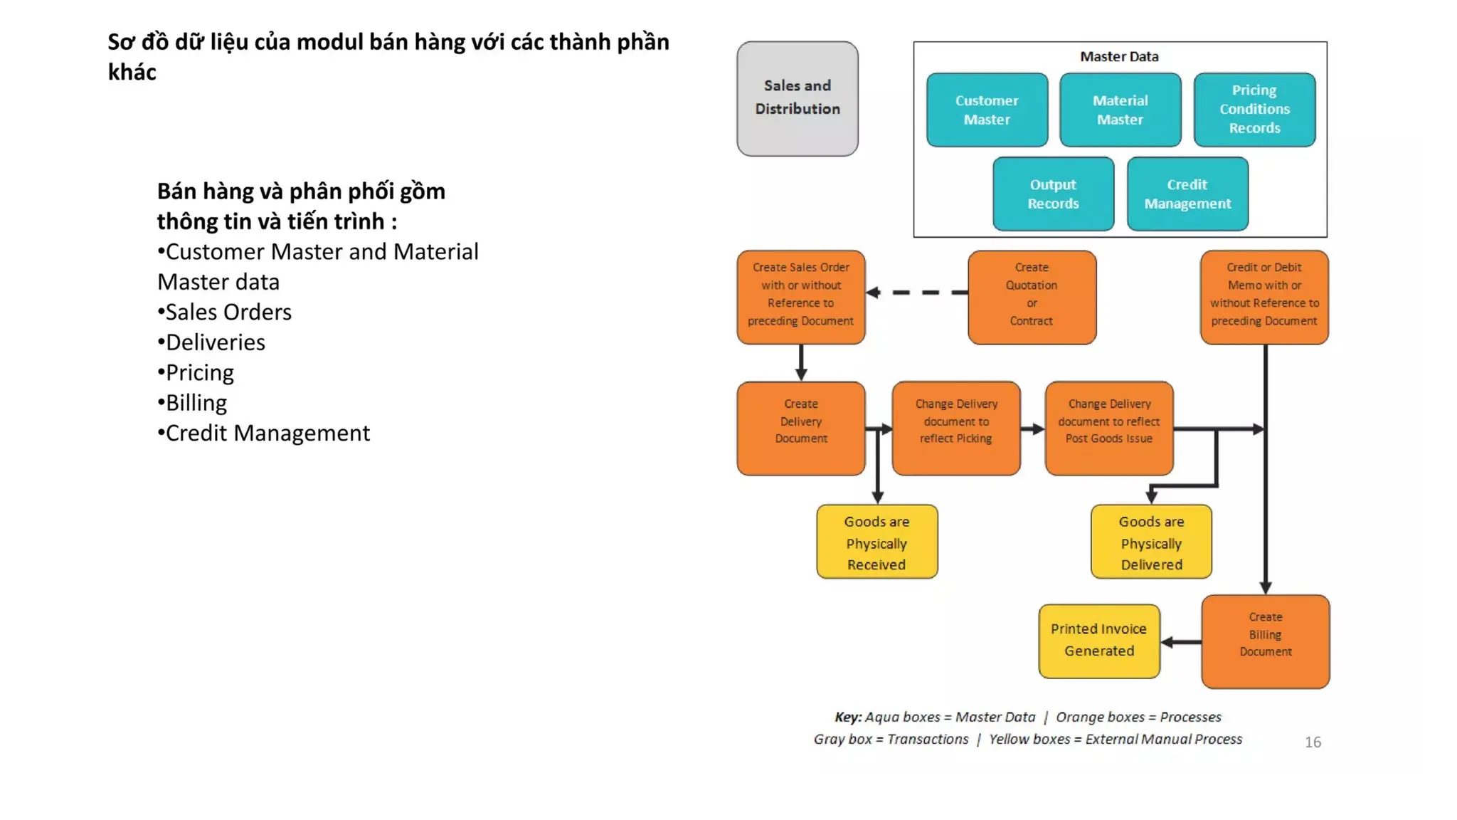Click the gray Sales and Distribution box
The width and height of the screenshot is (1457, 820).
point(797,98)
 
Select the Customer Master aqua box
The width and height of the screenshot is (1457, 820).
point(986,110)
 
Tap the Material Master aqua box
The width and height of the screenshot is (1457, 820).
point(1120,110)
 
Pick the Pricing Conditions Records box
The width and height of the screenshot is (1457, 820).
point(1254,110)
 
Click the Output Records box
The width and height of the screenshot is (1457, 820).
point(1053,194)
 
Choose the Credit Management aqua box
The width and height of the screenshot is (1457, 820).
point(1187,194)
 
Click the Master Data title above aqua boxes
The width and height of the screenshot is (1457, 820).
point(1118,56)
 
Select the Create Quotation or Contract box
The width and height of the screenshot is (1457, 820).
point(1031,297)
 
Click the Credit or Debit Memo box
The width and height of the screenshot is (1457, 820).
point(1263,297)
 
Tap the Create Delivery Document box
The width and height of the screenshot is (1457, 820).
point(800,428)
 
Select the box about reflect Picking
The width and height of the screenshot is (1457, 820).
point(955,428)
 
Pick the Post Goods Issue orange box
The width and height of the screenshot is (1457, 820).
point(1108,428)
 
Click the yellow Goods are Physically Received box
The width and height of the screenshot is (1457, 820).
point(876,542)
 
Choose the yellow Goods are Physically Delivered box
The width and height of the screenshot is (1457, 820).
point(1150,542)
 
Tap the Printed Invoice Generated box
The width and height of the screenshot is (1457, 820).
point(1098,641)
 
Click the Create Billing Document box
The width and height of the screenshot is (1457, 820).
point(1265,641)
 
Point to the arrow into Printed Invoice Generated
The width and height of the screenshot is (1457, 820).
point(1181,642)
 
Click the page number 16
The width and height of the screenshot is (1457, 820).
point(1313,742)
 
